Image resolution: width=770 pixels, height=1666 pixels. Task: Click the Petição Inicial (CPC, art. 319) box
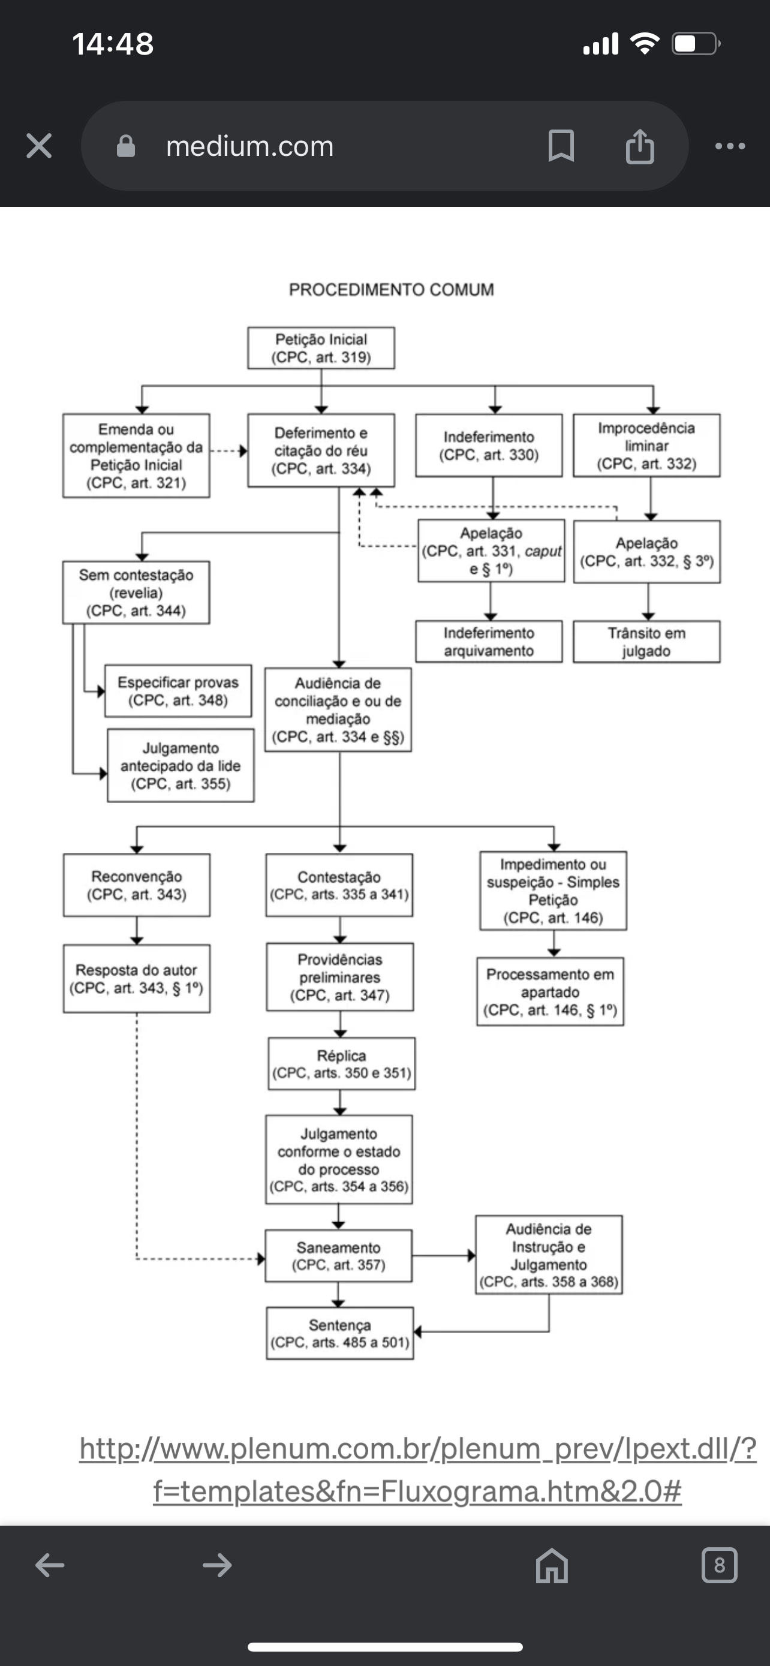[321, 348]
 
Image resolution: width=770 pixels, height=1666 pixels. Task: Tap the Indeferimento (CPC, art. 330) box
[489, 446]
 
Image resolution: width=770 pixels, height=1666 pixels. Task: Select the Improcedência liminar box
[646, 446]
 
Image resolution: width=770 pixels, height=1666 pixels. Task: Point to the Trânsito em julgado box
[646, 642]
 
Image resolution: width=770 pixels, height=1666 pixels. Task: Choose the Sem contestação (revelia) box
[136, 593]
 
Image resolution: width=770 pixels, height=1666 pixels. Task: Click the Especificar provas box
[178, 691]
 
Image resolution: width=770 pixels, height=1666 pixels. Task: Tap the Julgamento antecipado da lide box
[181, 766]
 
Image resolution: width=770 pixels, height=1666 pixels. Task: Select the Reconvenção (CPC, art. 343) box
[136, 885]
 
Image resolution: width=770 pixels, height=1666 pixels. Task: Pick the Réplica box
[341, 1064]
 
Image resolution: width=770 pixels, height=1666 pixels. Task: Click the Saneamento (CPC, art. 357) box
[338, 1255]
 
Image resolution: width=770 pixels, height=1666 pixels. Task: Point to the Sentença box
[339, 1333]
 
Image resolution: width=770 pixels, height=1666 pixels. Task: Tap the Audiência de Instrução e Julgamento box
[549, 1255]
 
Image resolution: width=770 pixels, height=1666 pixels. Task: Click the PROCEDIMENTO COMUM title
[391, 290]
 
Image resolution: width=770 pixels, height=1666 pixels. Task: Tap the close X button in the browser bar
[39, 146]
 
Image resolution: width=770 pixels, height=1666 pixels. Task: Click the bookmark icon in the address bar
[561, 146]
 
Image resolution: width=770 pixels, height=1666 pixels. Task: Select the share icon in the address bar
[639, 146]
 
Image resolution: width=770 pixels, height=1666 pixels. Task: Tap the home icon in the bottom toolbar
[552, 1565]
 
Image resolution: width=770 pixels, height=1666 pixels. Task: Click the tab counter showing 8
[719, 1565]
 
